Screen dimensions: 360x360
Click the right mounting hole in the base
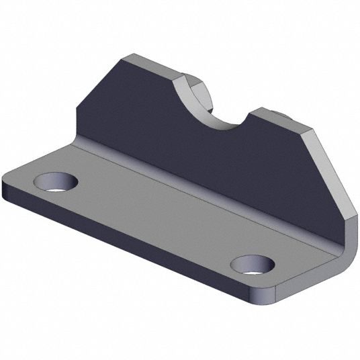point(253,265)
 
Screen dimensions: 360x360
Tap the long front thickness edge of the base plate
point(134,252)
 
